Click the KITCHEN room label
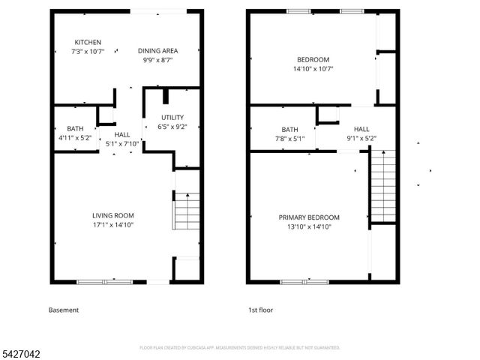(88, 42)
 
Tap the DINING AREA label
(157, 50)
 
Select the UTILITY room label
(172, 118)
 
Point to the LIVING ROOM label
(112, 215)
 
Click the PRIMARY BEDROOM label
(309, 217)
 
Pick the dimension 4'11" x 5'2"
(74, 137)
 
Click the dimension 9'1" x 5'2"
(361, 137)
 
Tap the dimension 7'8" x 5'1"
(289, 137)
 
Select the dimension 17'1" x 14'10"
(112, 224)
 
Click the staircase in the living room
(186, 211)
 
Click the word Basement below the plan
(64, 310)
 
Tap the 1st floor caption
(262, 310)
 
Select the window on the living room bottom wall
(100, 282)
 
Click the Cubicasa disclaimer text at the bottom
(240, 348)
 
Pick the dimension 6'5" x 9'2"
(172, 127)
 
